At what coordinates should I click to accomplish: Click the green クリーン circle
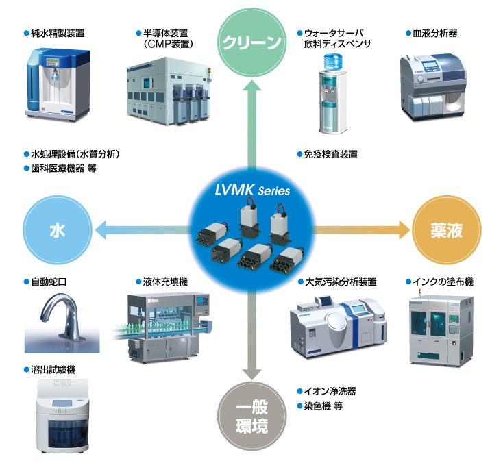pyautogui.click(x=251, y=42)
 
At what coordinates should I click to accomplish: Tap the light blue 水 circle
pyautogui.click(x=58, y=230)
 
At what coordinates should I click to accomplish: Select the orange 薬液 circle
pyautogui.click(x=446, y=230)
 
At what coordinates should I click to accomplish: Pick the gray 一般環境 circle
pyautogui.click(x=251, y=416)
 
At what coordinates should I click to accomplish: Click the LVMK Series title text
pyautogui.click(x=252, y=190)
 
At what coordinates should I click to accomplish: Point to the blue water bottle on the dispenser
pyautogui.click(x=333, y=62)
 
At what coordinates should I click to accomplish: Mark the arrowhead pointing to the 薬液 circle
pyautogui.click(x=404, y=230)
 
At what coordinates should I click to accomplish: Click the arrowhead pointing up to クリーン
pyautogui.click(x=251, y=86)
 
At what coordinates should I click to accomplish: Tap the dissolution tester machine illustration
pyautogui.click(x=62, y=416)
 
